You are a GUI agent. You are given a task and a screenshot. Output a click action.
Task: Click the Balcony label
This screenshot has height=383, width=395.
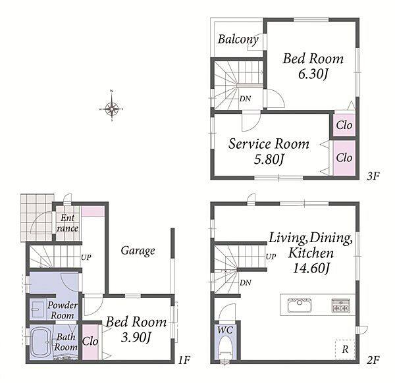[x=238, y=39]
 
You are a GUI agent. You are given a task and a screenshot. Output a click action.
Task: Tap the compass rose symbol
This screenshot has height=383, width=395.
[x=112, y=109]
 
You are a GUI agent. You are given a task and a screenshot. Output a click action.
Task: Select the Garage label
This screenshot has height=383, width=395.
[x=138, y=251]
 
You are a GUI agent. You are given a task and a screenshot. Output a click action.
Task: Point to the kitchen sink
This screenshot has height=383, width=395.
[x=300, y=305]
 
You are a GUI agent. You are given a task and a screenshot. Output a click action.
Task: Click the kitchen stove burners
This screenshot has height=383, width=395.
[x=340, y=305]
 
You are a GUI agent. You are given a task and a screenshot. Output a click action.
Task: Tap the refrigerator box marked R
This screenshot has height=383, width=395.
[x=345, y=349]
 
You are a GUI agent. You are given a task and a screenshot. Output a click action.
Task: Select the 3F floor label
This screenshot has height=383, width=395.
[x=373, y=176]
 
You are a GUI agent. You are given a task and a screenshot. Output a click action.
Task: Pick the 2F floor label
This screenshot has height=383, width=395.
[x=373, y=361]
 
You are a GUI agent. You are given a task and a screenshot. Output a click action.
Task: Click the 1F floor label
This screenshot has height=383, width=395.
[x=184, y=360]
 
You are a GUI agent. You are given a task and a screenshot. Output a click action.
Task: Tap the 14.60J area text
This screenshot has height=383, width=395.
[x=311, y=268]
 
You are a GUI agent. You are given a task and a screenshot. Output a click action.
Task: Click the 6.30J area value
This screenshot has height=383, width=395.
[x=313, y=74]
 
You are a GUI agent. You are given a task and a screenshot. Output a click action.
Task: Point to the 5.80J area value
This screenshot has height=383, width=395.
[x=269, y=159]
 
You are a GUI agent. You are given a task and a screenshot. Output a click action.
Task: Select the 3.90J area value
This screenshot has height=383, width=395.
[x=136, y=338]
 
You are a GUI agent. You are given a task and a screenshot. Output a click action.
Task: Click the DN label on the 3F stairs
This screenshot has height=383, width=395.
[x=245, y=99]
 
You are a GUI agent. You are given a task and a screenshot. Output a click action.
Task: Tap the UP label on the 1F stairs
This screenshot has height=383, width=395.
[x=86, y=257]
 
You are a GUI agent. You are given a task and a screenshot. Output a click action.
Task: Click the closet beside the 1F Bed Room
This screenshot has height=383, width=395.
[x=90, y=342]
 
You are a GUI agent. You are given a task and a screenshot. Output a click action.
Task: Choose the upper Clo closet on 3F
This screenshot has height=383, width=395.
[x=344, y=126]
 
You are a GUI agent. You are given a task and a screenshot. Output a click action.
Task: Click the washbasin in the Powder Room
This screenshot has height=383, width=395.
[x=38, y=309]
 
